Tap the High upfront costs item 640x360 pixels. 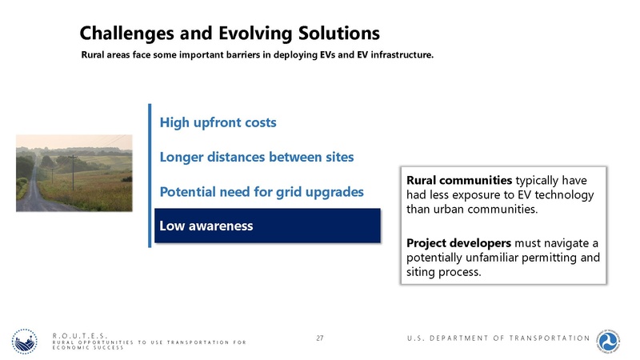(x=218, y=123)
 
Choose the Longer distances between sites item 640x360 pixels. (x=256, y=157)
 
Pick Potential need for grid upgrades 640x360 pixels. (x=262, y=192)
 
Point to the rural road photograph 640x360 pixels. (x=74, y=173)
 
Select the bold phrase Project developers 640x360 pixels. (x=458, y=242)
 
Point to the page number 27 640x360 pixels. (x=319, y=339)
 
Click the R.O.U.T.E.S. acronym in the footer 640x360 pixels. (x=79, y=335)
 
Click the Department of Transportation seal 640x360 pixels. (x=613, y=340)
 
